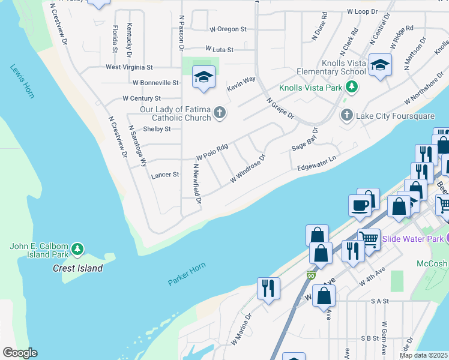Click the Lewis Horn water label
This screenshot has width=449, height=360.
pos(22,82)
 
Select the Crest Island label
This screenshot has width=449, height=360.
pos(77,268)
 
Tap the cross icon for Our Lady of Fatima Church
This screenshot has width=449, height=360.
pos(220,112)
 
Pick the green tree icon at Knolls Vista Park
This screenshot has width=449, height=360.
pos(353,88)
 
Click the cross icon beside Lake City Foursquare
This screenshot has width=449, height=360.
pos(346,115)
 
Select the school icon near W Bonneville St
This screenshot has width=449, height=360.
pos(203,77)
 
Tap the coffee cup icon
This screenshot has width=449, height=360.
pos(360,204)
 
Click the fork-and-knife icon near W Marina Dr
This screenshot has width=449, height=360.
pos(268,287)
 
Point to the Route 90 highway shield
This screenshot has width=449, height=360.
pos(310,275)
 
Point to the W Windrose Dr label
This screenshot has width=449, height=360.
pos(247,170)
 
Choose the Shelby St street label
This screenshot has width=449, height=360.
pos(157,129)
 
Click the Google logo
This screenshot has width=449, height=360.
pos(20,353)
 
